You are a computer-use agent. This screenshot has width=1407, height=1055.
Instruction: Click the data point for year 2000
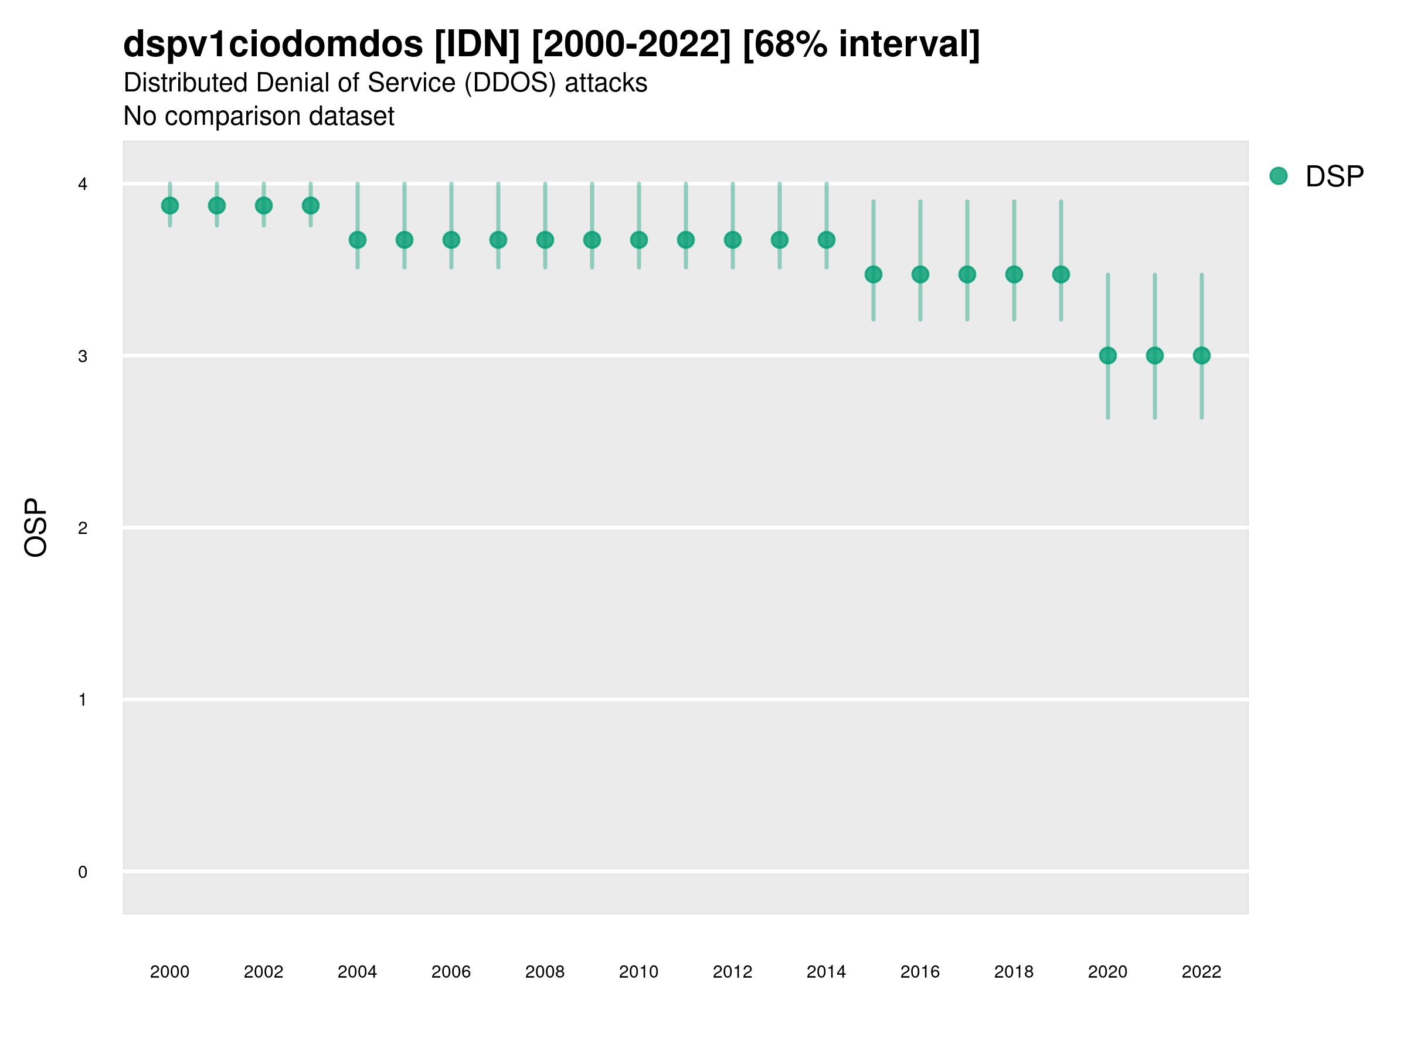[170, 205]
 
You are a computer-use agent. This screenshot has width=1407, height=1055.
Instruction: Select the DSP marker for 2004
[358, 240]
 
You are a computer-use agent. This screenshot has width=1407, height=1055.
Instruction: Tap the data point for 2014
[826, 240]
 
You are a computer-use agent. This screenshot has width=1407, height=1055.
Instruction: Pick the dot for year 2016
[920, 274]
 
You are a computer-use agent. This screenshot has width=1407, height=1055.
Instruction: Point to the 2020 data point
[1108, 356]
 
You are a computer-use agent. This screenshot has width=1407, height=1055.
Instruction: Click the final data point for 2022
[1202, 356]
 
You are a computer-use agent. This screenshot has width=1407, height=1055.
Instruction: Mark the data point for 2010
[638, 240]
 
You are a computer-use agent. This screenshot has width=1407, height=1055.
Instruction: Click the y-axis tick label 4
[83, 185]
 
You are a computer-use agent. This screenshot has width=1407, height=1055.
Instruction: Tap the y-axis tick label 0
[83, 873]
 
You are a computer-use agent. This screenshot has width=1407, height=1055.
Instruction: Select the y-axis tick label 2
[83, 529]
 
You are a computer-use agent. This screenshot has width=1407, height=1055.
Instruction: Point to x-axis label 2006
[451, 972]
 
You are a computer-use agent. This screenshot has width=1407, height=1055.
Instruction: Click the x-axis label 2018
[1014, 972]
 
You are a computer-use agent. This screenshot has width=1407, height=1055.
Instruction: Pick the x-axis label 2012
[732, 972]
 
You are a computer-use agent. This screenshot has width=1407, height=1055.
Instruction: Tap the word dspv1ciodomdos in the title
[273, 44]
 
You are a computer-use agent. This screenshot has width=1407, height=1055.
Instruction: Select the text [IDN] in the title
[477, 44]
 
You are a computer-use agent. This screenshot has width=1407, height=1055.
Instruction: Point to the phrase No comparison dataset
[259, 117]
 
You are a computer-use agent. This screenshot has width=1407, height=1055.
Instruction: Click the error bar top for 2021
[1155, 275]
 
